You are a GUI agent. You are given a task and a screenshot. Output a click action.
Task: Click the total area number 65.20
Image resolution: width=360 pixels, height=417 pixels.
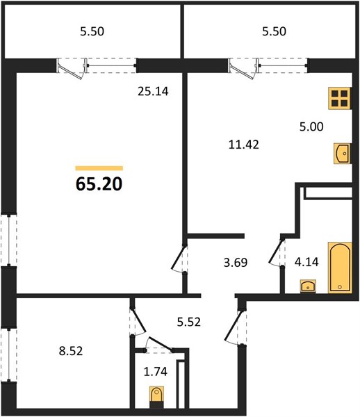99,184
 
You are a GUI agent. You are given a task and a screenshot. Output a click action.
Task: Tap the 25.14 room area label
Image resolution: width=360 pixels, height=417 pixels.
153,92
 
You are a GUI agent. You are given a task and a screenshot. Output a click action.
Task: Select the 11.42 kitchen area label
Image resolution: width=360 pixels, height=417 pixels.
244,145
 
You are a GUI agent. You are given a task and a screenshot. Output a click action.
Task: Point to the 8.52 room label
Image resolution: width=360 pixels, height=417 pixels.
71,351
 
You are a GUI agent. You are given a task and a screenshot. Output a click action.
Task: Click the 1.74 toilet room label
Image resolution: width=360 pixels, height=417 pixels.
156,372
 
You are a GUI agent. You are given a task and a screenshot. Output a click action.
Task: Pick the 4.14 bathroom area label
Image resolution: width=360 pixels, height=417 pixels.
306,262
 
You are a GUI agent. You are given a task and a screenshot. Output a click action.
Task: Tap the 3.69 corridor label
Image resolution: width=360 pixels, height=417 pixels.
236,263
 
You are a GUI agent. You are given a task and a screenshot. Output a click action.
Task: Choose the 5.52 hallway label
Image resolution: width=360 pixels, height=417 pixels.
189,322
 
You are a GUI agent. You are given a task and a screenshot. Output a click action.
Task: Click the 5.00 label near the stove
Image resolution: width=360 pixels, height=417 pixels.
311,126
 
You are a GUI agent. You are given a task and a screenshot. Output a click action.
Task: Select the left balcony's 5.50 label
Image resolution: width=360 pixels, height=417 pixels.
92,31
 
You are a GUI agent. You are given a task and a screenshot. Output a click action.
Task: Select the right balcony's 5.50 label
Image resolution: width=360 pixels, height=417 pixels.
274,31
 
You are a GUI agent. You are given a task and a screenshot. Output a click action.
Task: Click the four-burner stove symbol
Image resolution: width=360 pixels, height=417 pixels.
340,99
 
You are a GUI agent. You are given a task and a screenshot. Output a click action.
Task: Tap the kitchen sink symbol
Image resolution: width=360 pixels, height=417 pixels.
342,154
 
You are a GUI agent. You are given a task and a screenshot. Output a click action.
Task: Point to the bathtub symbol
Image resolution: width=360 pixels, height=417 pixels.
340,268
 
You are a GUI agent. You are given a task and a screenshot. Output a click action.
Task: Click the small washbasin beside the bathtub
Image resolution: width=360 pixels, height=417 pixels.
308,286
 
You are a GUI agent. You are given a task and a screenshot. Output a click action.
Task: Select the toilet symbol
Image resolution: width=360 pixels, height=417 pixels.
156,397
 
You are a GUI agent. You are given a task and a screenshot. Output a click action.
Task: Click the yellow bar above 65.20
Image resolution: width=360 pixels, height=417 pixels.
99,168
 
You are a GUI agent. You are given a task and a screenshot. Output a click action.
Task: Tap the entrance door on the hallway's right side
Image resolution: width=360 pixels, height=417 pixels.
235,327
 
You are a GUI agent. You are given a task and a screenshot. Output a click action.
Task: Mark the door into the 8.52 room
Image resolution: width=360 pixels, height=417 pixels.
138,320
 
